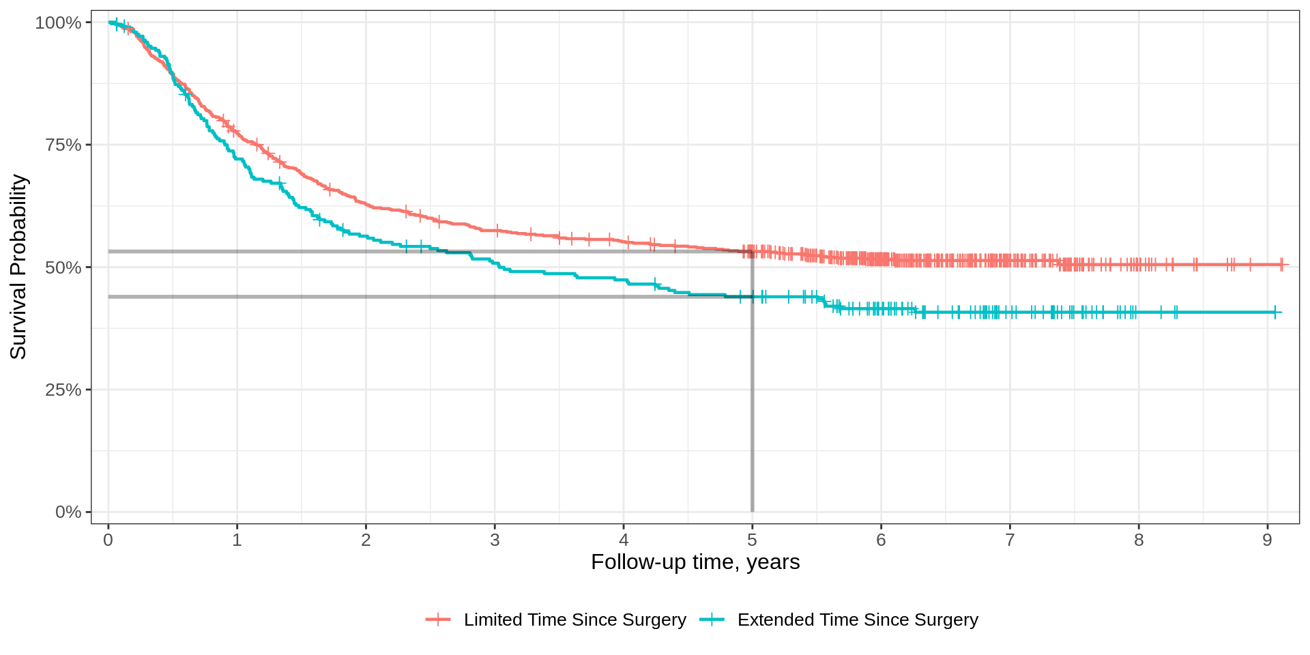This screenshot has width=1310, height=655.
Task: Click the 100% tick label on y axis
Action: point(58,23)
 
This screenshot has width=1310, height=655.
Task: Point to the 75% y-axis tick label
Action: point(63,145)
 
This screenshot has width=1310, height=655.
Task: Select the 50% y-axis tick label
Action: point(63,267)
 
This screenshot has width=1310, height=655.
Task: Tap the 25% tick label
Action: point(63,390)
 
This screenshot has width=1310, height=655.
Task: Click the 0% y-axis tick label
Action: point(68,512)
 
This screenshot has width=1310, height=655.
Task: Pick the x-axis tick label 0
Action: point(108,540)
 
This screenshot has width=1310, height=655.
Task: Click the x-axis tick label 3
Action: point(495,540)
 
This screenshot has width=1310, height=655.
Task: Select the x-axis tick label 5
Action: point(752,540)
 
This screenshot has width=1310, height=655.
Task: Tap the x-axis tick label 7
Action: point(1010,540)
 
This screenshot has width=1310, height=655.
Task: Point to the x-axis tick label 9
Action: point(1267,540)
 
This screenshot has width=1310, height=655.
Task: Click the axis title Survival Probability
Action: point(18,267)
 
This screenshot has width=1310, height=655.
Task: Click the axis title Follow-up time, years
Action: point(695,562)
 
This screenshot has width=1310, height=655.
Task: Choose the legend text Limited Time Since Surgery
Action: point(574,620)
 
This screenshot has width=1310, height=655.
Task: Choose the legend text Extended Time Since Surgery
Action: point(858,620)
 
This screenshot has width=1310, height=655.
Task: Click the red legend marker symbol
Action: point(438,620)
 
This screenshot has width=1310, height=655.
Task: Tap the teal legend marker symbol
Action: point(712,620)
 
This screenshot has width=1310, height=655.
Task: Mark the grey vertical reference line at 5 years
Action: point(752,409)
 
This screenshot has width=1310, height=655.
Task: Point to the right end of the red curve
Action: point(1287,265)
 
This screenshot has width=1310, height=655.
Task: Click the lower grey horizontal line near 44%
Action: point(409,297)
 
